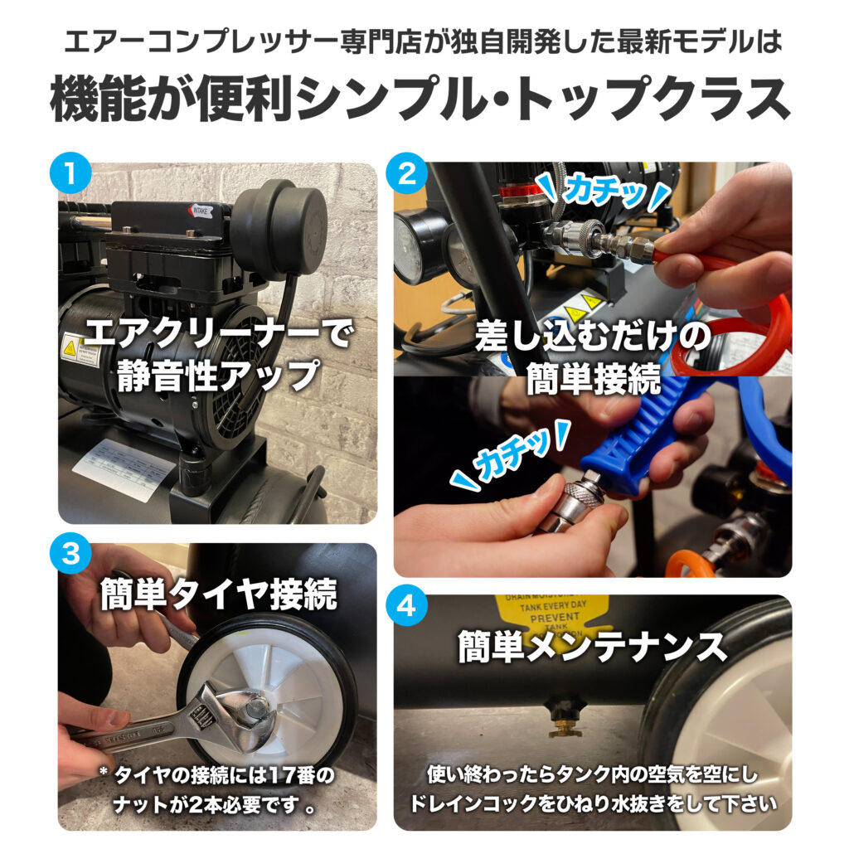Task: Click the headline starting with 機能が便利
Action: pos(422,101)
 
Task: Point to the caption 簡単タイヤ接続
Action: pos(218,594)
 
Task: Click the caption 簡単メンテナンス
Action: pos(592,647)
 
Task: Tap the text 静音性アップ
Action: pos(218,375)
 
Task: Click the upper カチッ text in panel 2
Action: pos(605,192)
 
